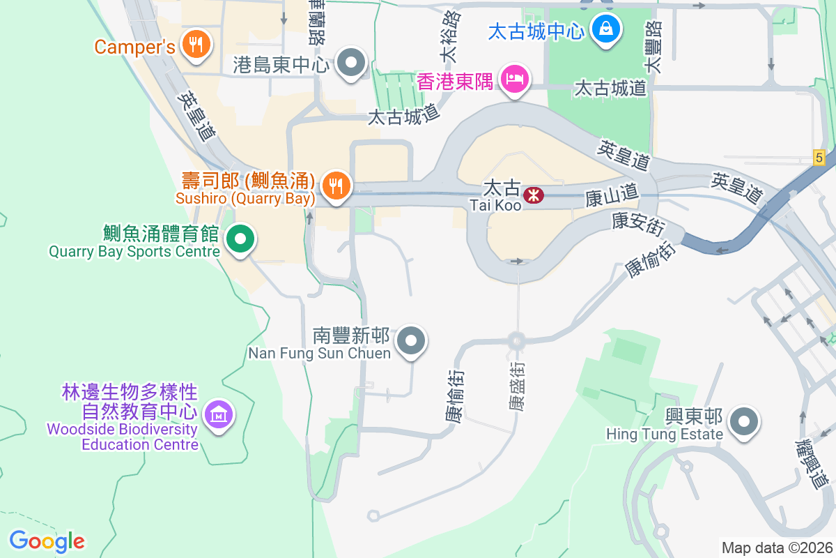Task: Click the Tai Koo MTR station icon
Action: coord(534,195)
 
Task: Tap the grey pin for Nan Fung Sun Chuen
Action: coord(411,341)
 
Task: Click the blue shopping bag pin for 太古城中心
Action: coord(606,29)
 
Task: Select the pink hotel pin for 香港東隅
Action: coord(515,79)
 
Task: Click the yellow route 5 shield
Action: coord(819,158)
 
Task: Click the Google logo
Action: coord(47,541)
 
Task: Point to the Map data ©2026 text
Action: coord(777,548)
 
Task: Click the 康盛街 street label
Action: coord(516,386)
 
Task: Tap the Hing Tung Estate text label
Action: coord(664,435)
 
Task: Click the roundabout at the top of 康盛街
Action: coord(516,341)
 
